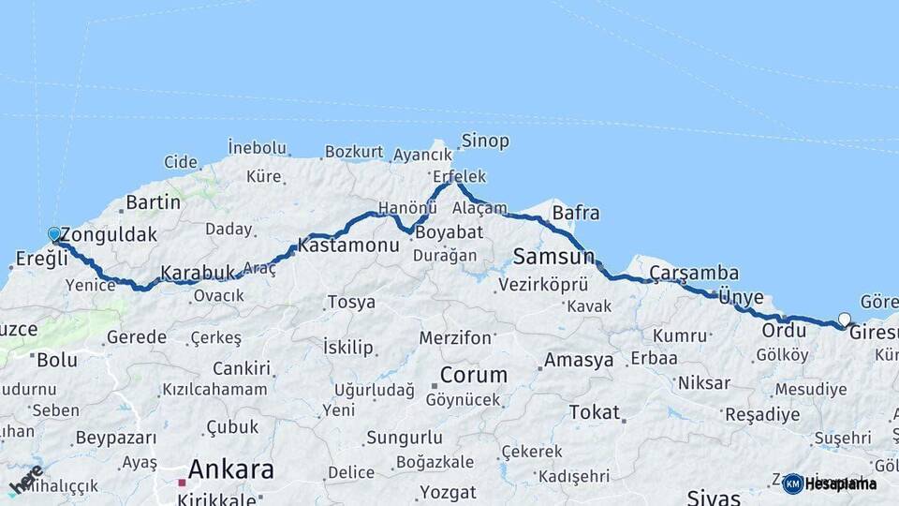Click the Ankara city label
tap(230, 469)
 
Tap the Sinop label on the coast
tap(485, 141)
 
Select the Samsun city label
tap(553, 256)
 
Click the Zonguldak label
tap(108, 235)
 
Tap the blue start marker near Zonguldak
tap(54, 234)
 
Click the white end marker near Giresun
tap(845, 320)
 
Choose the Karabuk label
tap(197, 273)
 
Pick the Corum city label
tap(474, 375)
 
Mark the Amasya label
tap(579, 360)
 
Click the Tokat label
tap(594, 412)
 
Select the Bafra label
tap(576, 213)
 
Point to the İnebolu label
tap(257, 147)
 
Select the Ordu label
tap(784, 330)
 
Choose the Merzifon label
tap(455, 337)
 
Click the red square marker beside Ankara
tap(182, 484)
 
